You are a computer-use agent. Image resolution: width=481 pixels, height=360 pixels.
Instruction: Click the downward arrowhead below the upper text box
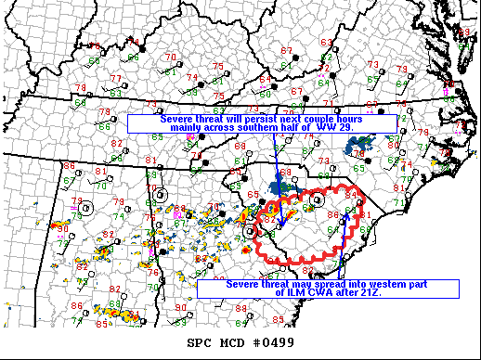pos(279,223)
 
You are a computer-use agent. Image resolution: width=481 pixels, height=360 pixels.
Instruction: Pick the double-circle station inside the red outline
pos(318,199)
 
